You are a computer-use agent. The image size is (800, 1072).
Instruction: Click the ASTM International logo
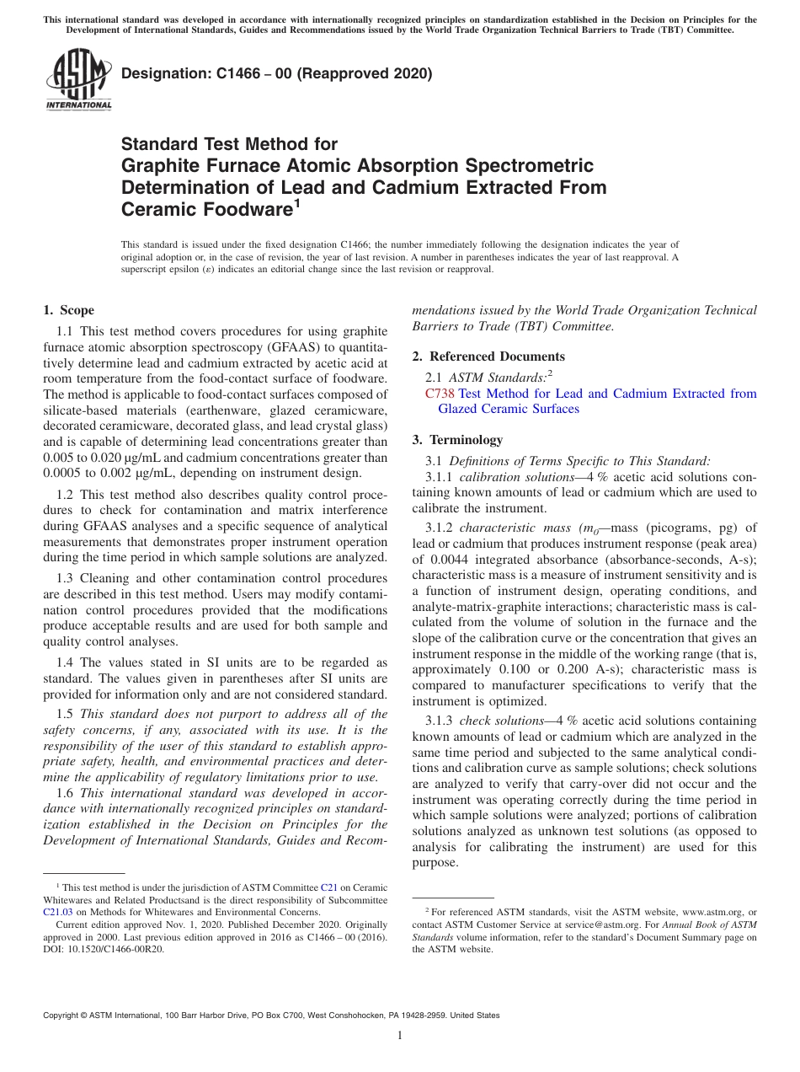click(77, 79)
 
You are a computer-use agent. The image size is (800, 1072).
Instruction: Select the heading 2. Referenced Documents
click(488, 356)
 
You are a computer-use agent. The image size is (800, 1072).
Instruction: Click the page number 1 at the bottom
click(400, 1036)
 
